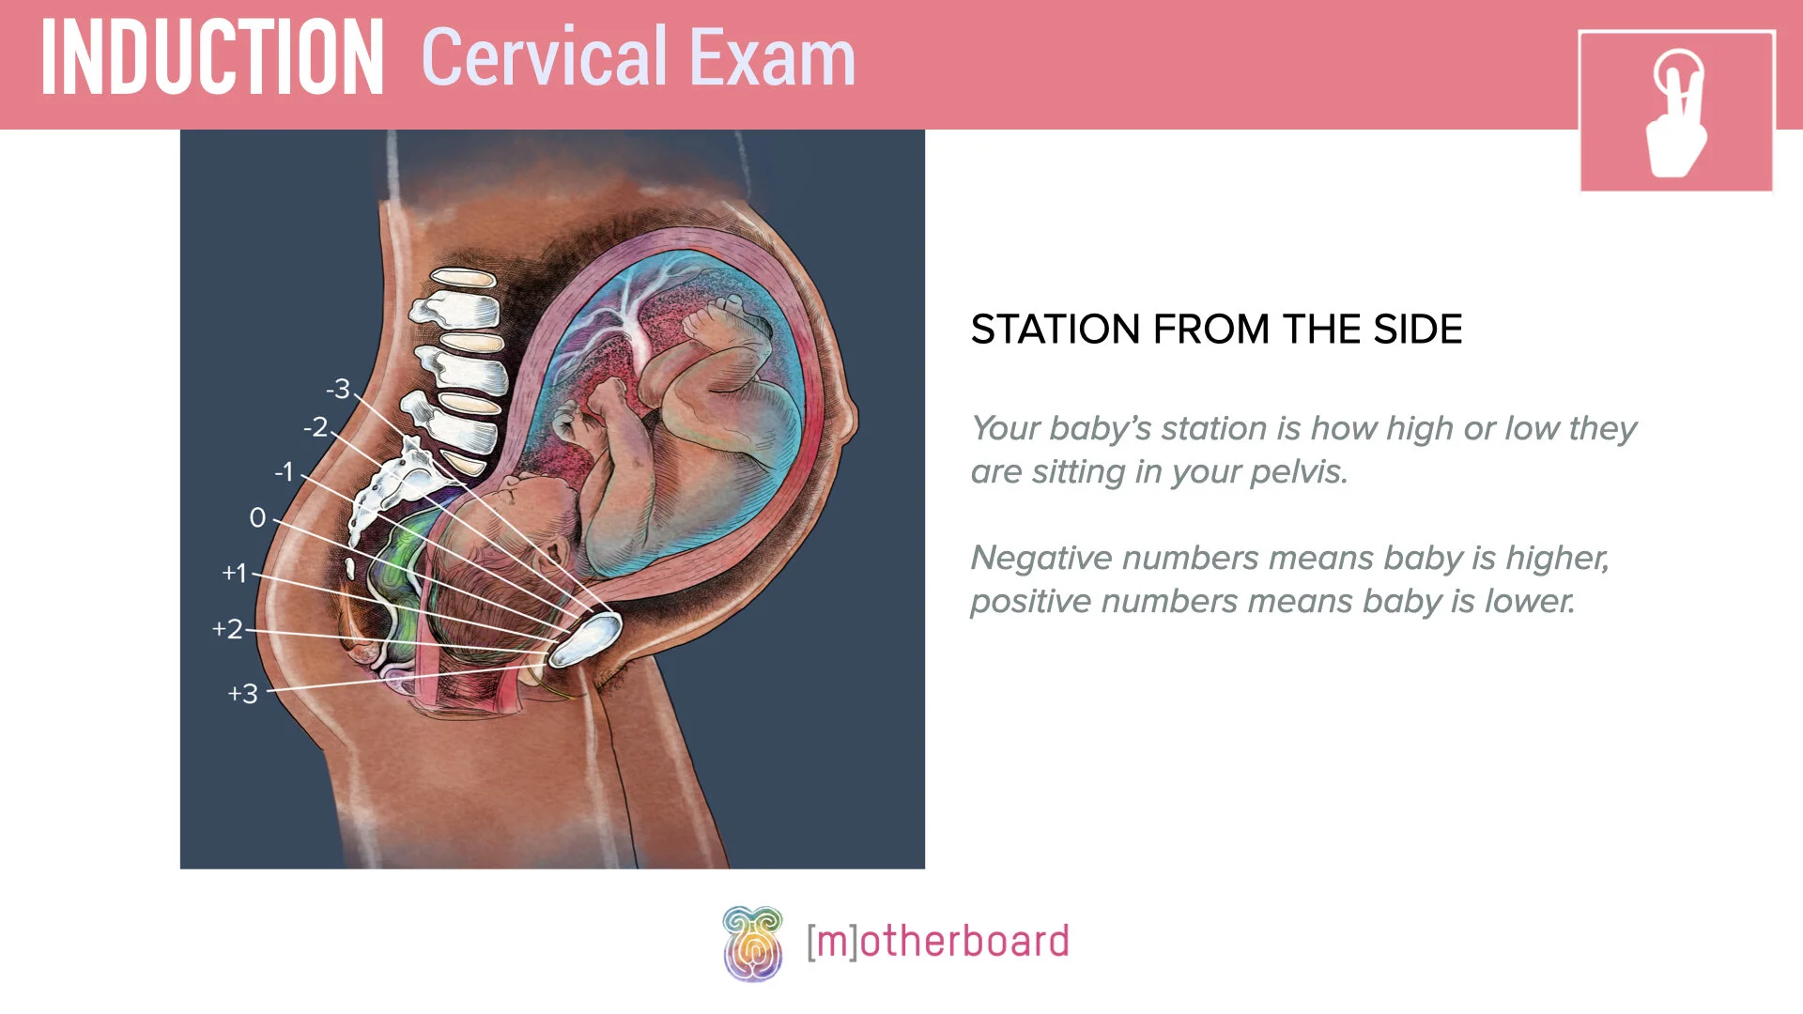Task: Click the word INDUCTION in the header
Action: click(x=212, y=58)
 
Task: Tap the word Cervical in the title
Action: click(x=545, y=58)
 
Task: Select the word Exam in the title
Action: click(x=774, y=58)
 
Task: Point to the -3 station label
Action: click(x=338, y=389)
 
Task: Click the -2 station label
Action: click(x=316, y=427)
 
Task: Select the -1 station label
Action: click(x=285, y=471)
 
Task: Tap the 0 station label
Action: click(x=257, y=517)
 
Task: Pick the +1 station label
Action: click(x=234, y=573)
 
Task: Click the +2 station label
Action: click(x=227, y=629)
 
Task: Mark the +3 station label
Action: click(x=242, y=694)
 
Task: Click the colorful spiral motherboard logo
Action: click(x=752, y=943)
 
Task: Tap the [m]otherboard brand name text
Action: click(x=938, y=942)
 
